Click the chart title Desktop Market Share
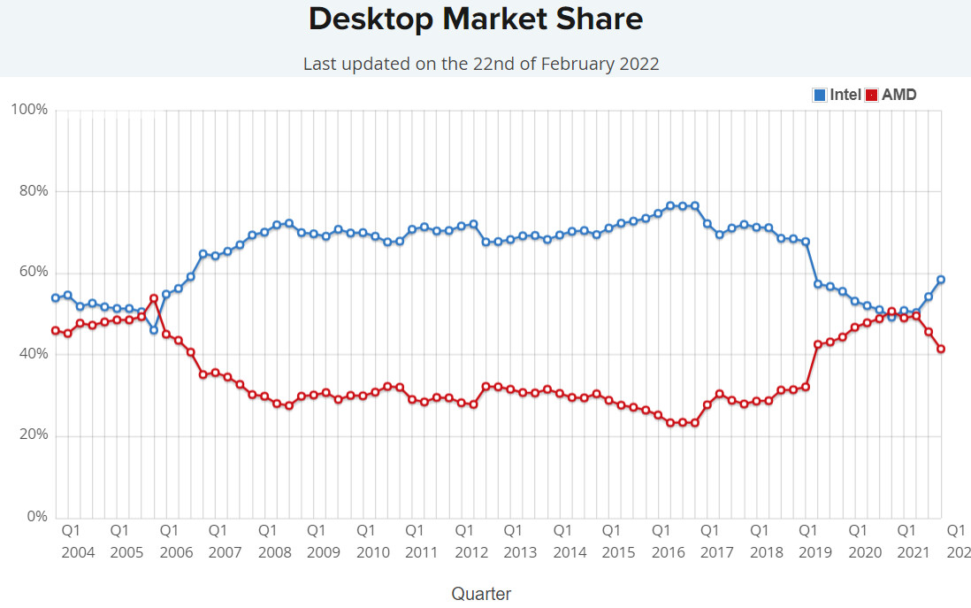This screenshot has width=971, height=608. [x=476, y=19]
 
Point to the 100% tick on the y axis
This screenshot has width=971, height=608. [x=28, y=110]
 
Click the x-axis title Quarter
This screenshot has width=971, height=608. [x=481, y=593]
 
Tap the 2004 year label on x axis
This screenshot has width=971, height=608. [x=78, y=552]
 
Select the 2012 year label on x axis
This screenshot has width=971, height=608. [x=471, y=552]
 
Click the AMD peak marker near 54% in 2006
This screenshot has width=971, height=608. [x=154, y=298]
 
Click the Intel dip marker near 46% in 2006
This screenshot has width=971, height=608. [x=154, y=330]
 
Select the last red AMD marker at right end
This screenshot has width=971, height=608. [x=942, y=349]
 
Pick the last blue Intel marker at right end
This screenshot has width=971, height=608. [x=942, y=280]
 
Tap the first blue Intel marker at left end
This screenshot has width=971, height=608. [x=55, y=298]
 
